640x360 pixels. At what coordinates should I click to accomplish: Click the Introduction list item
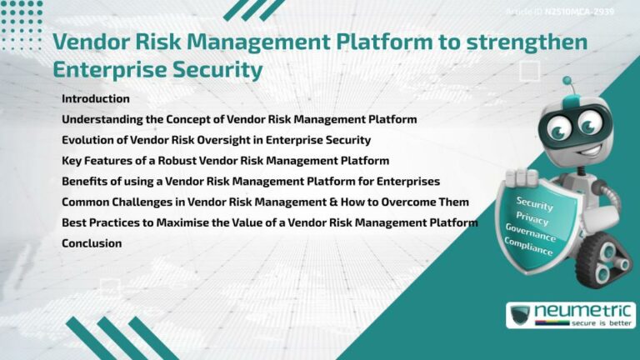click(96, 99)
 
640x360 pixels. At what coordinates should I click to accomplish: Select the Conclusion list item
click(92, 243)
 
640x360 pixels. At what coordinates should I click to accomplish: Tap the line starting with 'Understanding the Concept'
click(239, 120)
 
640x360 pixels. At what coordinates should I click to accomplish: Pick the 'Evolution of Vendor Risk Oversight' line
click(216, 140)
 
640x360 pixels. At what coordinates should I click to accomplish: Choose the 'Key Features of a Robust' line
click(225, 161)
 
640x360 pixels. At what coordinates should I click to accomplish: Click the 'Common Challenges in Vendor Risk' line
click(265, 202)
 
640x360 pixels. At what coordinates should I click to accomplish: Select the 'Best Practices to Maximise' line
click(269, 222)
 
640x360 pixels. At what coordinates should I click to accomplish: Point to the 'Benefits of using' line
click(250, 182)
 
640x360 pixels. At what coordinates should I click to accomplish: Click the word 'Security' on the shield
click(534, 202)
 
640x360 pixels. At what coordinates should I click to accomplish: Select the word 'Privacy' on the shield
click(532, 217)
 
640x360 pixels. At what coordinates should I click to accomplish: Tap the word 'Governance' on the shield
click(530, 232)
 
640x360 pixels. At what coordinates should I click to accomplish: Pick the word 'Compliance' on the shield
click(527, 247)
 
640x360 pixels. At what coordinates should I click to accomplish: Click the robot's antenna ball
click(567, 82)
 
